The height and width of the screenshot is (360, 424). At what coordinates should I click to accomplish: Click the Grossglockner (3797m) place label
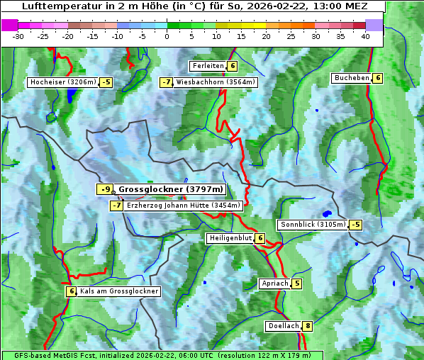pyautogui.click(x=170, y=189)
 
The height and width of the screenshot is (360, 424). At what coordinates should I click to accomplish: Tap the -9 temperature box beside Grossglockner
pyautogui.click(x=105, y=189)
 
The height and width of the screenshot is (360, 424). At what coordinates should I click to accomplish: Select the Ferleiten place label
pyautogui.click(x=208, y=66)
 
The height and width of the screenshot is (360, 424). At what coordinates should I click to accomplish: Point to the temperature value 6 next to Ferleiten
pyautogui.click(x=233, y=66)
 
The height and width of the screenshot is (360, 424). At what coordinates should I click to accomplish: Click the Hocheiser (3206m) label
pyautogui.click(x=62, y=82)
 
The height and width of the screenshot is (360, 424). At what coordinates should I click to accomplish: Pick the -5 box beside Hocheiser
pyautogui.click(x=106, y=82)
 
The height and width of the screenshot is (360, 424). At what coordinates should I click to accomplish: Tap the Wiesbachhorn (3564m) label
pyautogui.click(x=216, y=82)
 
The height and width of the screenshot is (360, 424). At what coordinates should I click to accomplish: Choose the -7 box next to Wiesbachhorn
pyautogui.click(x=167, y=82)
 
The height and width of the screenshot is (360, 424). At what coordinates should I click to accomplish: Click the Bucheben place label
pyautogui.click(x=352, y=78)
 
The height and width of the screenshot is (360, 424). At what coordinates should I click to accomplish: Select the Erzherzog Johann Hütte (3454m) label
pyautogui.click(x=184, y=206)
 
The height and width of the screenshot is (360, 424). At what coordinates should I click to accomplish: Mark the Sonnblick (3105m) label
pyautogui.click(x=313, y=225)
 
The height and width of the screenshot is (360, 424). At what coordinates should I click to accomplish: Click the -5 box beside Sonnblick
pyautogui.click(x=355, y=225)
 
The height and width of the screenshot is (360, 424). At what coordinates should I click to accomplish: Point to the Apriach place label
pyautogui.click(x=274, y=283)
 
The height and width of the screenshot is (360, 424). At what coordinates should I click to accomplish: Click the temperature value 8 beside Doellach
pyautogui.click(x=308, y=326)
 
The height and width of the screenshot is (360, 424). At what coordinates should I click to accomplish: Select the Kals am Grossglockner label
pyautogui.click(x=118, y=291)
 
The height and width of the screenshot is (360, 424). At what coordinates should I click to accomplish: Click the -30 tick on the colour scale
pyautogui.click(x=18, y=36)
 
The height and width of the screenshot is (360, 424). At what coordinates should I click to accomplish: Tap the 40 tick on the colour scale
pyautogui.click(x=365, y=36)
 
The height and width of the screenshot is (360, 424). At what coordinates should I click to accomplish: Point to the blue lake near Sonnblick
pyautogui.click(x=327, y=213)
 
